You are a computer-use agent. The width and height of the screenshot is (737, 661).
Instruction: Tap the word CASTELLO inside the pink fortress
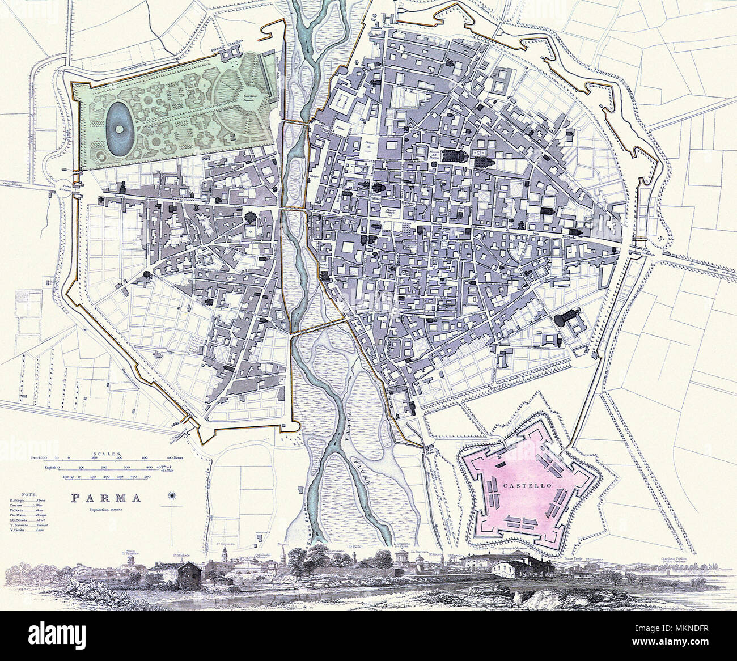515,486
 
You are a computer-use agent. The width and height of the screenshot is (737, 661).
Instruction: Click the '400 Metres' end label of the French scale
176,457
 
